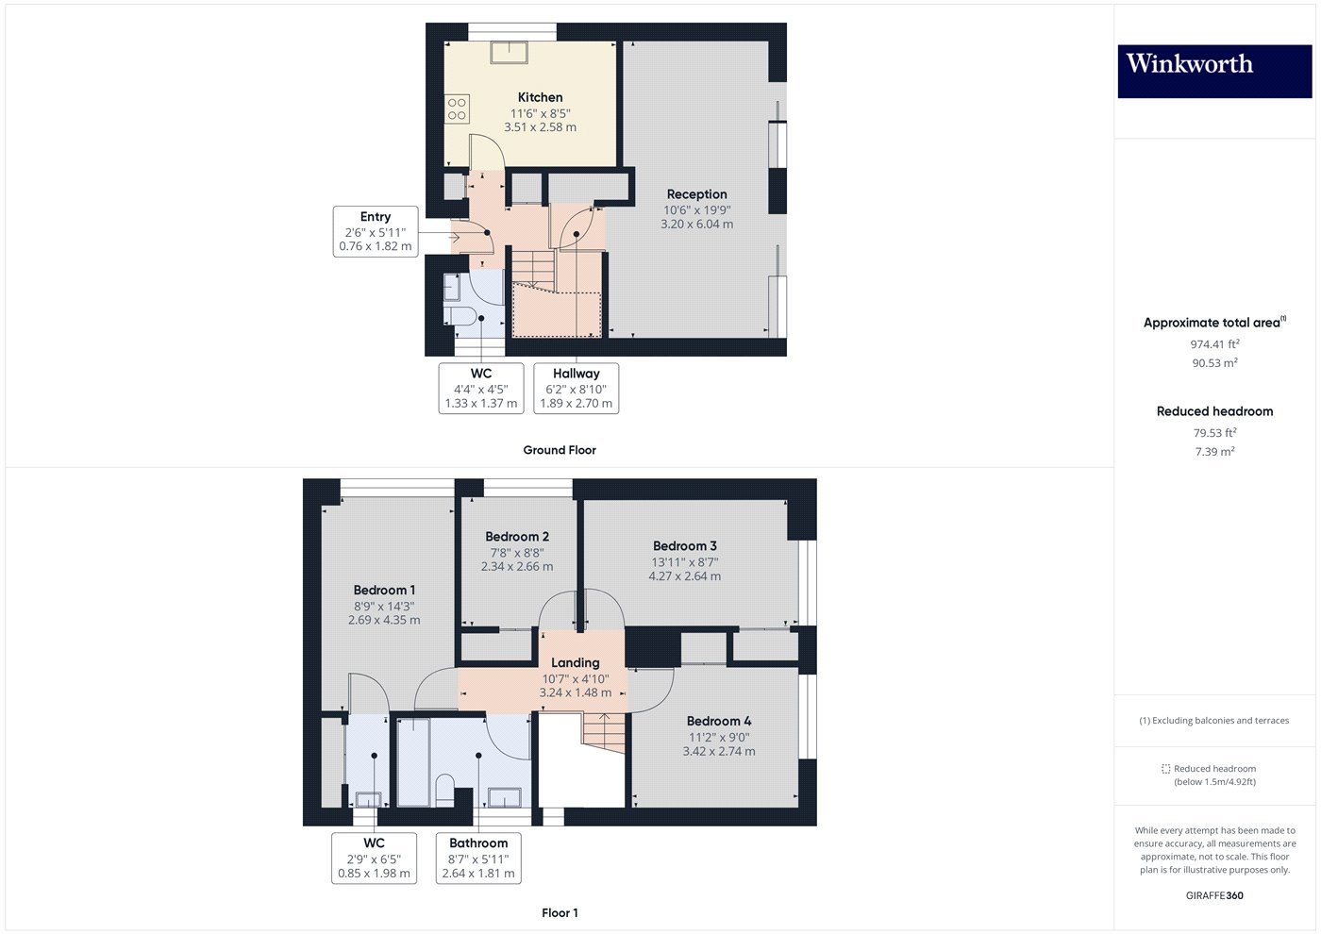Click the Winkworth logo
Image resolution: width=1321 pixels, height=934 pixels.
click(x=1214, y=71)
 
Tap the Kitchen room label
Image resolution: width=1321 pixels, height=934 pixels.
click(x=540, y=97)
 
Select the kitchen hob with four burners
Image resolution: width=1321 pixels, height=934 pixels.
click(x=457, y=108)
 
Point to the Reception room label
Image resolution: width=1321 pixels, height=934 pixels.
click(x=696, y=194)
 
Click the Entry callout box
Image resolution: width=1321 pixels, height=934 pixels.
click(x=376, y=231)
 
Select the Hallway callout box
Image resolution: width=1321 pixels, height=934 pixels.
click(x=576, y=388)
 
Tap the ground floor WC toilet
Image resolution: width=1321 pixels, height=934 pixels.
click(x=460, y=314)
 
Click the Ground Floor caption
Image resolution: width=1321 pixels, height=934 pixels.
click(x=560, y=450)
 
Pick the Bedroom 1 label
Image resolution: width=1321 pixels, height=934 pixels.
click(x=384, y=591)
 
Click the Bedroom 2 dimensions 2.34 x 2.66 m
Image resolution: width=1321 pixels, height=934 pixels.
click(x=517, y=567)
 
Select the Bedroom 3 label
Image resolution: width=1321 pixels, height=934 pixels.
click(x=684, y=546)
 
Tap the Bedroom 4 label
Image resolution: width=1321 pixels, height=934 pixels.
click(x=719, y=721)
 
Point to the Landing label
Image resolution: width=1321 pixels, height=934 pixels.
click(x=576, y=662)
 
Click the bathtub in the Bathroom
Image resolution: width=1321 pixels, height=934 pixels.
click(x=413, y=762)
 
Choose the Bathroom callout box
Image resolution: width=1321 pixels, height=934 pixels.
click(x=478, y=858)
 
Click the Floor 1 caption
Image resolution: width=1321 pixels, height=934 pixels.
click(x=560, y=912)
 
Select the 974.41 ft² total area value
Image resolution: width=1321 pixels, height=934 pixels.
click(x=1214, y=344)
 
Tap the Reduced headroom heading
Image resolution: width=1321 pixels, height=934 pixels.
click(x=1214, y=411)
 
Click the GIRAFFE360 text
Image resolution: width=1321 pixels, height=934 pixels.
click(x=1214, y=895)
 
